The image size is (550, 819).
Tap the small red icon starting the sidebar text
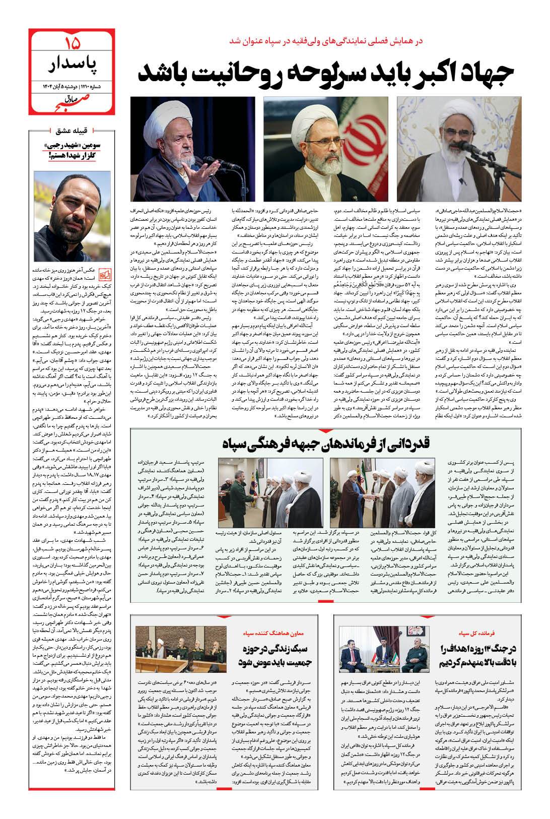click(104, 274)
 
